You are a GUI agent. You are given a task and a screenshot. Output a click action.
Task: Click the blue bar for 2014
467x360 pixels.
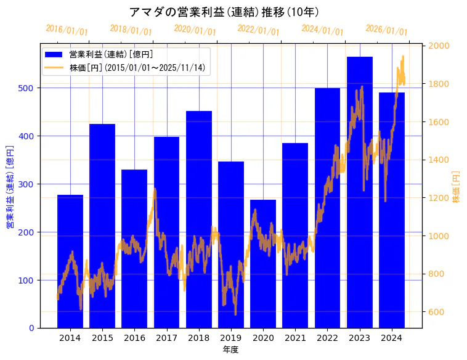[x=70, y=261]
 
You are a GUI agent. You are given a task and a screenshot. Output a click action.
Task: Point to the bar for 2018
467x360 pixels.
[x=199, y=219]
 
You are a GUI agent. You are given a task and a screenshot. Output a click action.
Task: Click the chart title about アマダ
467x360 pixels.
[x=224, y=12]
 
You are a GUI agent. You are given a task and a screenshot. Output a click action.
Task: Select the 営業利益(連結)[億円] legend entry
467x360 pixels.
[x=111, y=54]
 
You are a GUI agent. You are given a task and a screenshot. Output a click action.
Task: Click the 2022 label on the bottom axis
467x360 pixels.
[x=328, y=338]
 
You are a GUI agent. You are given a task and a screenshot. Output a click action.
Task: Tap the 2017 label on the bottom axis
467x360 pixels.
[x=166, y=338]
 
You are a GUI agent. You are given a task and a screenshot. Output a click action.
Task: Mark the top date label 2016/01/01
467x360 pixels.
[x=67, y=30]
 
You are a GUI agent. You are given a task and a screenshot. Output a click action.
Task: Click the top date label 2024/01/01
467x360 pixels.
[x=323, y=30]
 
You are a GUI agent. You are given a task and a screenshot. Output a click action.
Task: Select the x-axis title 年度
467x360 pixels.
[x=231, y=350]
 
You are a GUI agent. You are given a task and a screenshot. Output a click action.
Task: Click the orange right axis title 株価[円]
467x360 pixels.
[x=456, y=187]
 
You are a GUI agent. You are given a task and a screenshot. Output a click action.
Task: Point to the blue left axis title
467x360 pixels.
[x=10, y=187]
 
